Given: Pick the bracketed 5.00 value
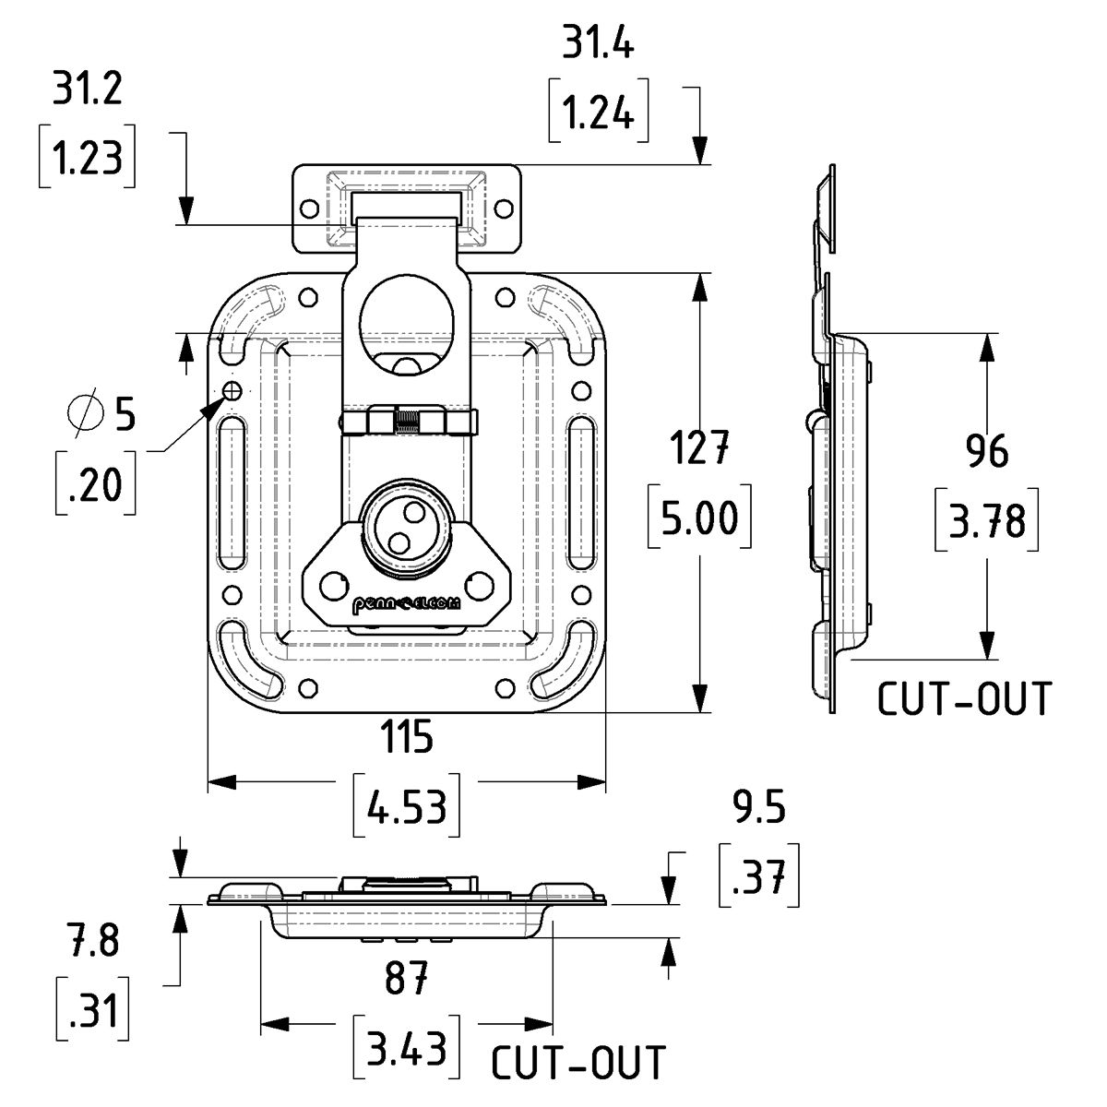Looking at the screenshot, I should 698,518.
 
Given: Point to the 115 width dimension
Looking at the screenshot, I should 406,738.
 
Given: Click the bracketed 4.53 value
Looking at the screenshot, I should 407,809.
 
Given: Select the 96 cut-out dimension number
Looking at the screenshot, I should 986,452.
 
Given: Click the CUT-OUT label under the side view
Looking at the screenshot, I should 963,700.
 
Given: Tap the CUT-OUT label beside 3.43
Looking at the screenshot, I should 577,1063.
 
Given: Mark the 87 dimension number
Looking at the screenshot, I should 406,979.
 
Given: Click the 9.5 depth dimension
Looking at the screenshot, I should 758,809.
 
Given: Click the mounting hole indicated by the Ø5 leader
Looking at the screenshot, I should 232,391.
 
